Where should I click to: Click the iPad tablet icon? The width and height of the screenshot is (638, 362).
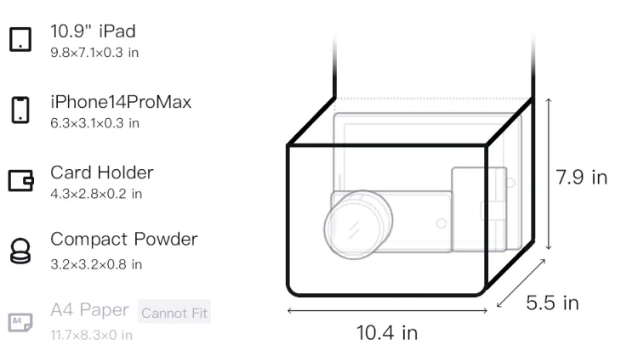20,39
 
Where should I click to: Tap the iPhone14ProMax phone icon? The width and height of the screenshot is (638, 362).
20,110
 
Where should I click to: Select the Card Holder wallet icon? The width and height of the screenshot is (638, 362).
20,180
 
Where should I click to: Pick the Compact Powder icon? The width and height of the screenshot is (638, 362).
20,251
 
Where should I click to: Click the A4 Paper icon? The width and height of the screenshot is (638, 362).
20,322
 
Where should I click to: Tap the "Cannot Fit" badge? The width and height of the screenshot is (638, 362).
174,313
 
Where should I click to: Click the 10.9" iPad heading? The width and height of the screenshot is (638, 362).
94,31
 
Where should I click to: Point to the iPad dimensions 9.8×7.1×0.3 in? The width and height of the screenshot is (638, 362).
94,53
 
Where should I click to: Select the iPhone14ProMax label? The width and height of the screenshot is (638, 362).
121,102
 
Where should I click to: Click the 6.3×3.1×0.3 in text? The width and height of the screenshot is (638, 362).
94,123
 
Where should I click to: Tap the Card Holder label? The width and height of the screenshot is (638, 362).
102,173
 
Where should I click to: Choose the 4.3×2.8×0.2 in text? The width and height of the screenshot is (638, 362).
96,194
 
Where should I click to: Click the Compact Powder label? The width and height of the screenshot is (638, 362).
124,240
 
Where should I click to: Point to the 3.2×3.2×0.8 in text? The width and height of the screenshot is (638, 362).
96,264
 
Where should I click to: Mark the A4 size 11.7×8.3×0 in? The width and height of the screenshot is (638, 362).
92,335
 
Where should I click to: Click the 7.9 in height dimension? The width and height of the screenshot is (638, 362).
582,178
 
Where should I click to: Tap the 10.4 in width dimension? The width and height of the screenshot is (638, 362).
387,333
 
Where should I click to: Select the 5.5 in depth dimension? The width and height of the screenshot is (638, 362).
552,303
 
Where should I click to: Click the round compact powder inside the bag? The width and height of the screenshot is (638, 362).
358,224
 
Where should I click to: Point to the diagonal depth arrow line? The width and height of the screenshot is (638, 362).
521,283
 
